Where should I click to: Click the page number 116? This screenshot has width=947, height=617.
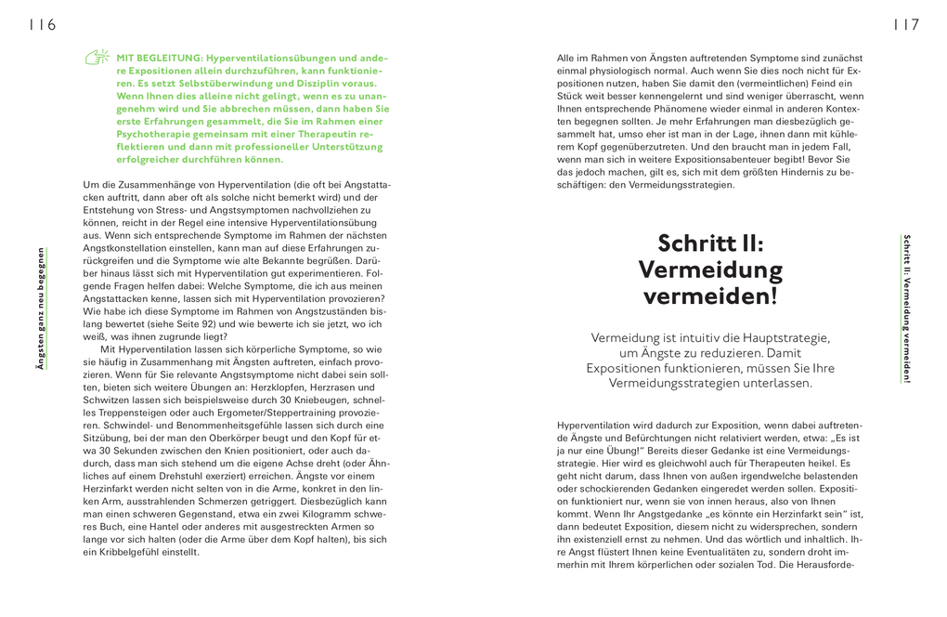point(42,25)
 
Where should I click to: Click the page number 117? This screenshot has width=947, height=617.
point(905,25)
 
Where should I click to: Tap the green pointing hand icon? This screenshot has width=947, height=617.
point(97,58)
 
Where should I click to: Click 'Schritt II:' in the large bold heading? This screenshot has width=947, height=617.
point(710,243)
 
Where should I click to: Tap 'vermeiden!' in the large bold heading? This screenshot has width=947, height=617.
point(710,296)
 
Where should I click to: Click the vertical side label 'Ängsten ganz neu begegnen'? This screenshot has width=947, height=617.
point(40,308)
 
